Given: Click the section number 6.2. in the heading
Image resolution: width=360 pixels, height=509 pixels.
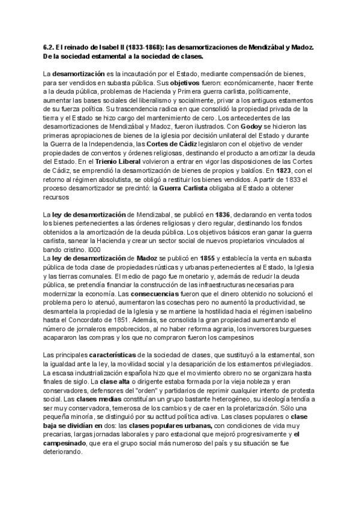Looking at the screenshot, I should (x=50, y=47).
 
